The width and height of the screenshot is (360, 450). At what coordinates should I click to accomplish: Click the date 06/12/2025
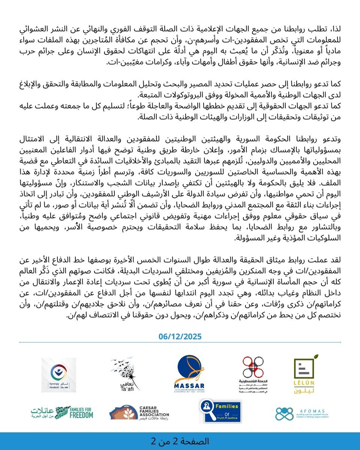[180, 337]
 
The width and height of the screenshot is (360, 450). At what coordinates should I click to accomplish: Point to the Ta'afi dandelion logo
[125, 373]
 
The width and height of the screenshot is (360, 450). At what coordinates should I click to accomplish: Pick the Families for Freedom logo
[62, 412]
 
